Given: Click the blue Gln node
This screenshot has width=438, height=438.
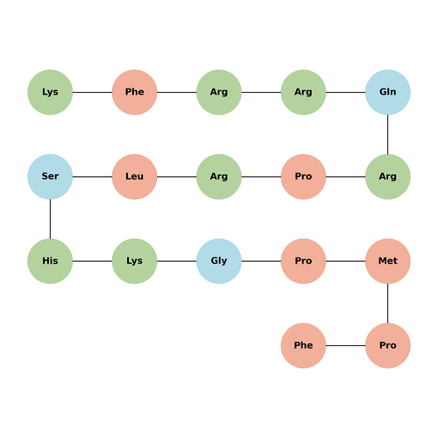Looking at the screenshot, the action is click(x=388, y=92).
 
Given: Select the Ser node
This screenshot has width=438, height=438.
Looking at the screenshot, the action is click(x=50, y=177).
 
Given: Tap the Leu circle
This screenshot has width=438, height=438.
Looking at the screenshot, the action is click(x=135, y=177).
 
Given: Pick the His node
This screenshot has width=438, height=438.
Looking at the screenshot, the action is click(x=50, y=261).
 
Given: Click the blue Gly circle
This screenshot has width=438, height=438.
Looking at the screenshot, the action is click(x=219, y=261).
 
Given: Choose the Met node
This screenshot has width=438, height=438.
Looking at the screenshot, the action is click(x=388, y=261).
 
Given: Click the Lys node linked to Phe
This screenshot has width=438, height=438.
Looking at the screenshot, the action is click(x=50, y=92).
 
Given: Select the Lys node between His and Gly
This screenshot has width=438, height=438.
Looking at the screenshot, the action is click(x=135, y=261).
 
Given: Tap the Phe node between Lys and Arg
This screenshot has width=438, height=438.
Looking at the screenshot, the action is click(x=135, y=92).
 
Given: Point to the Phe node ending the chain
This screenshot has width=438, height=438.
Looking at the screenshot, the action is click(x=303, y=345).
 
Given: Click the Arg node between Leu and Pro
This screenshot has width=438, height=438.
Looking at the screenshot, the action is click(x=219, y=177).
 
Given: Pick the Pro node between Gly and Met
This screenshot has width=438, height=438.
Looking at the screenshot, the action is click(x=303, y=261).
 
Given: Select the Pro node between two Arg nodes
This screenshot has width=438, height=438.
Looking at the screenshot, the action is click(x=303, y=177).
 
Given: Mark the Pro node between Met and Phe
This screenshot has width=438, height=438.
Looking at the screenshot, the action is click(x=388, y=345).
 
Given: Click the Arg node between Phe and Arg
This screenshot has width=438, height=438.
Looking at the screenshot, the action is click(x=219, y=92).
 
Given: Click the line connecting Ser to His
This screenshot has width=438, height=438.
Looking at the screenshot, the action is click(x=50, y=219).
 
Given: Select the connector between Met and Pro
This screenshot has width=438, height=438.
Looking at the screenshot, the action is click(x=388, y=303).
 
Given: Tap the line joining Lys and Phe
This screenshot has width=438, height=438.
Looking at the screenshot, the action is click(x=92, y=92).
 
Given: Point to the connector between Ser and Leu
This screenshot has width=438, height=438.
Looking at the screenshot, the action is click(x=92, y=177).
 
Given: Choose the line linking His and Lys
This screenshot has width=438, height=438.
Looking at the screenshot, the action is click(x=92, y=261).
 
